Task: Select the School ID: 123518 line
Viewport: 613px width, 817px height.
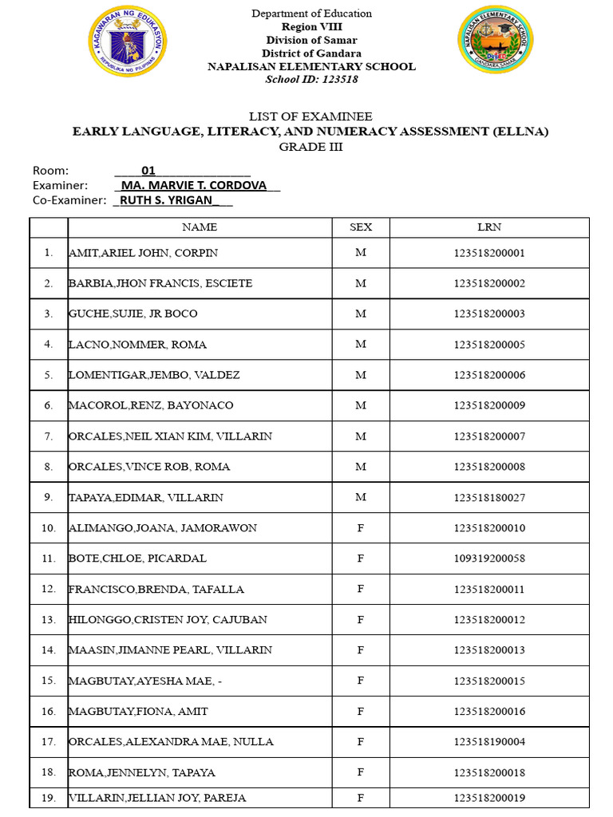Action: [x=311, y=80]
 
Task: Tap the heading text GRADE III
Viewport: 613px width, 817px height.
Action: [x=310, y=147]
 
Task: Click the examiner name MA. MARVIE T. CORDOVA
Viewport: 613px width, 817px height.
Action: [x=199, y=185]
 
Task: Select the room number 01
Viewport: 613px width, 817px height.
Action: [x=148, y=170]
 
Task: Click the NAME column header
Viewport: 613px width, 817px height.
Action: [x=200, y=227]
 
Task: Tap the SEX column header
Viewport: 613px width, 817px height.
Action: [x=361, y=227]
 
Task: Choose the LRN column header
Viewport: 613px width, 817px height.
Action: [x=489, y=227]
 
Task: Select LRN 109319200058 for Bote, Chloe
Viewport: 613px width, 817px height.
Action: [x=489, y=558]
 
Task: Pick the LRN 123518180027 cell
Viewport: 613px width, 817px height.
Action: [x=489, y=498]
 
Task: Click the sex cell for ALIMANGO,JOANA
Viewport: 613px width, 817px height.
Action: [x=361, y=528]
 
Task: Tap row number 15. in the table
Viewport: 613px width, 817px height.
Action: [x=49, y=681]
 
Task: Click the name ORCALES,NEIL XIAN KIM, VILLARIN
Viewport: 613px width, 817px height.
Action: [x=170, y=436]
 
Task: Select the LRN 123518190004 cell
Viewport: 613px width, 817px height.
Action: [x=489, y=742]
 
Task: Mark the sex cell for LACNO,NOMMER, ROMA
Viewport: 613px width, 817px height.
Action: [x=361, y=345]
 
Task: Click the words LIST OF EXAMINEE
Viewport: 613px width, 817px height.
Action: [x=310, y=116]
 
